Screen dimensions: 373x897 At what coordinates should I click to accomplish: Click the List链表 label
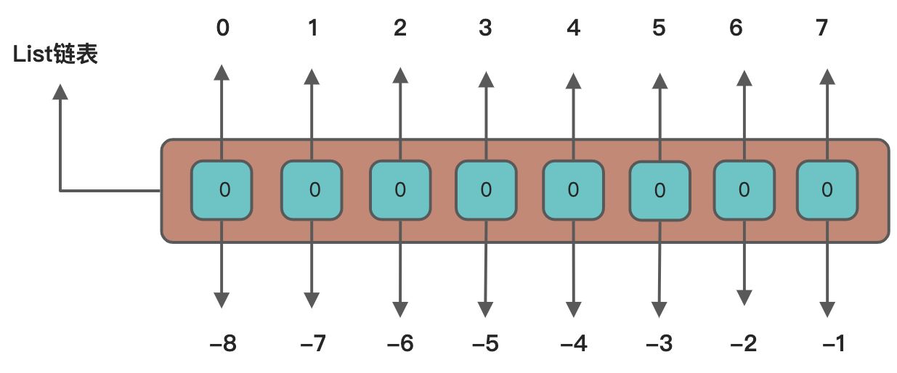(x=56, y=54)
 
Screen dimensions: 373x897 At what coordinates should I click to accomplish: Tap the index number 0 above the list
(x=222, y=29)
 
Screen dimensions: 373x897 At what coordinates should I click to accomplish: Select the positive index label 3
(x=485, y=29)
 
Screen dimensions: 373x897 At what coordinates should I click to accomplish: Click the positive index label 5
(x=659, y=29)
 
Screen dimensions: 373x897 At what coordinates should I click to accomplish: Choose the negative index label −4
(x=573, y=343)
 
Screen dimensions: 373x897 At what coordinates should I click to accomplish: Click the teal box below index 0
(x=222, y=190)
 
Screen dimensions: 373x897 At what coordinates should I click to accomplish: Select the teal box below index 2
(x=399, y=190)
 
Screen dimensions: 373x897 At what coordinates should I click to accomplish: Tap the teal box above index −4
(x=573, y=190)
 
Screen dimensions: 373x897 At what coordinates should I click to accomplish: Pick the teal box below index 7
(x=827, y=190)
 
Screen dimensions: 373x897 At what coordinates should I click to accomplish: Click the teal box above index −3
(x=659, y=191)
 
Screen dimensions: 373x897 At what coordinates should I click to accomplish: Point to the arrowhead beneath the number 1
(x=312, y=76)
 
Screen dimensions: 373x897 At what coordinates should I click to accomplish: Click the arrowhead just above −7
(x=312, y=300)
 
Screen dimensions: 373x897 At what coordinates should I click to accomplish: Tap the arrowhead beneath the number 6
(x=743, y=76)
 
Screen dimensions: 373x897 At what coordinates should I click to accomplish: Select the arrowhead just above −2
(x=743, y=297)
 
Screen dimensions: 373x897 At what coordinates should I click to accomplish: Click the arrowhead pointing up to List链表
(x=60, y=91)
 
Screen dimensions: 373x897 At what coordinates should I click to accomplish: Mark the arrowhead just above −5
(x=485, y=307)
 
